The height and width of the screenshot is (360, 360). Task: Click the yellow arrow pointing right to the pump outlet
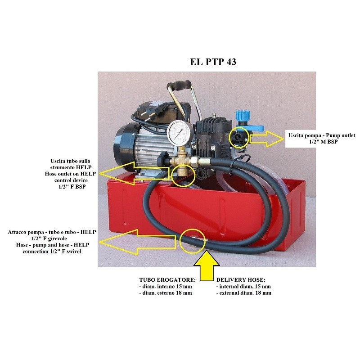pos(267,138)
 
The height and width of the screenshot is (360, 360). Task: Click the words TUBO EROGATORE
pos(163,280)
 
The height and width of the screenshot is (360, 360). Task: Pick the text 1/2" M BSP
pos(321,142)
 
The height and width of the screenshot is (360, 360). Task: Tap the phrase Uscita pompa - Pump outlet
pos(321,135)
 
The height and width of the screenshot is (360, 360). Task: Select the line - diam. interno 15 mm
pos(166,287)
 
